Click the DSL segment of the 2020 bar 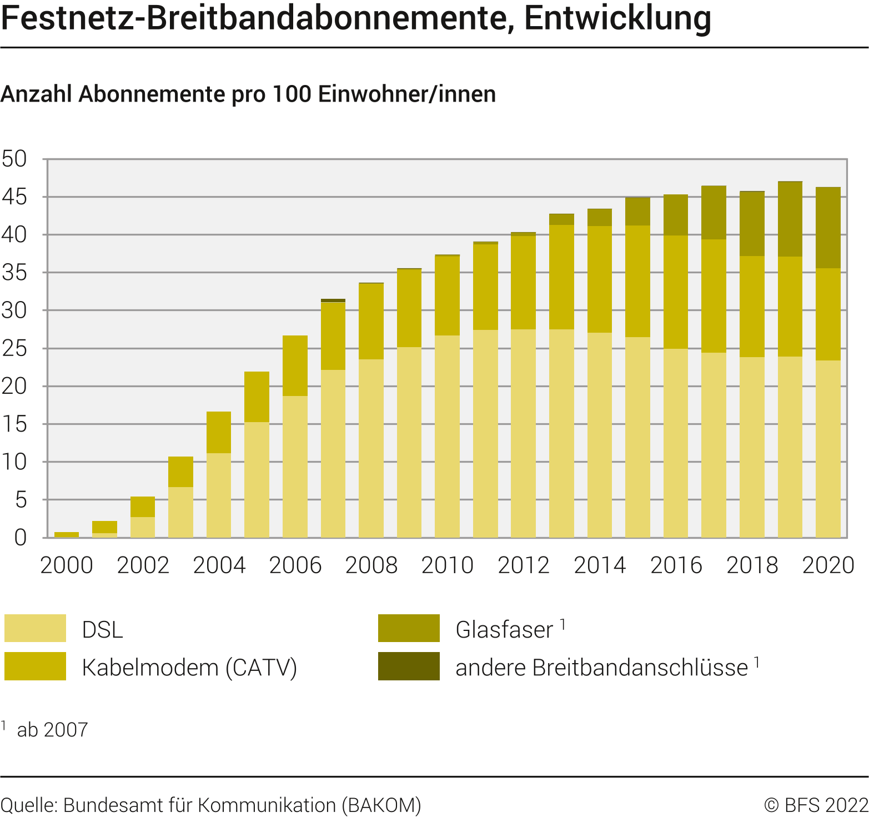click(x=827, y=449)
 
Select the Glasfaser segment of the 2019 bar click(x=790, y=219)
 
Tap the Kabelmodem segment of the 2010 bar click(x=447, y=295)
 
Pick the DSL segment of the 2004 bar click(x=219, y=495)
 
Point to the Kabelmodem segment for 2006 click(x=295, y=365)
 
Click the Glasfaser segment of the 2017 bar click(x=714, y=213)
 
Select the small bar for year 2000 click(x=67, y=535)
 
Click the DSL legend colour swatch click(x=35, y=628)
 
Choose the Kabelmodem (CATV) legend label click(x=189, y=667)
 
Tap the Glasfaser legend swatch click(x=409, y=628)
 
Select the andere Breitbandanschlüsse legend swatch click(x=409, y=666)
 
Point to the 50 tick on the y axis click(x=14, y=159)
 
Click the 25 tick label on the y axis click(x=14, y=349)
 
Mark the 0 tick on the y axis click(x=21, y=538)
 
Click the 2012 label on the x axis click(x=523, y=565)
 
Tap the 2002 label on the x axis click(x=143, y=565)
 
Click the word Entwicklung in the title click(x=617, y=18)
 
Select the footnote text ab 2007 click(x=52, y=730)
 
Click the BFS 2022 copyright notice click(x=816, y=805)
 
